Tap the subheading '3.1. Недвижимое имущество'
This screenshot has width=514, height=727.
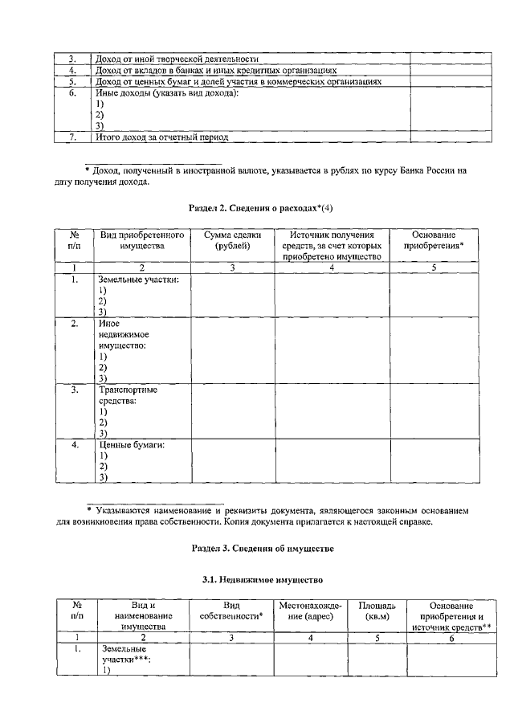(x=257, y=579)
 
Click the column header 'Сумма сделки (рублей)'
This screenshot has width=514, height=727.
(x=233, y=240)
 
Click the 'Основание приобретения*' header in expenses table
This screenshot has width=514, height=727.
(x=433, y=240)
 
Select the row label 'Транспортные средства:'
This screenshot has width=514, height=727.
(x=127, y=395)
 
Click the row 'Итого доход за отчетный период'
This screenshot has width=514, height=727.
(x=161, y=137)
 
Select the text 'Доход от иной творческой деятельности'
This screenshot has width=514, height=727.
(x=176, y=59)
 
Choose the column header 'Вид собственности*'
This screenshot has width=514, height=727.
(x=231, y=610)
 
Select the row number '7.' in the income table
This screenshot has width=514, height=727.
(x=71, y=137)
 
